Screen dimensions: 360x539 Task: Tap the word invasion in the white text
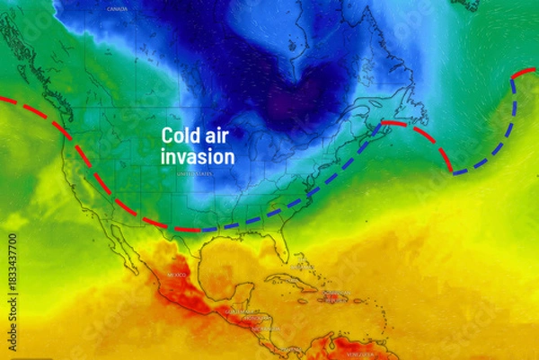point(198,157)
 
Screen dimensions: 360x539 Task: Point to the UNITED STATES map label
point(195,173)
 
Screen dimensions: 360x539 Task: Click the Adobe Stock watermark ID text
point(12,269)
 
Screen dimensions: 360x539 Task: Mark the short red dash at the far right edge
point(525,72)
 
